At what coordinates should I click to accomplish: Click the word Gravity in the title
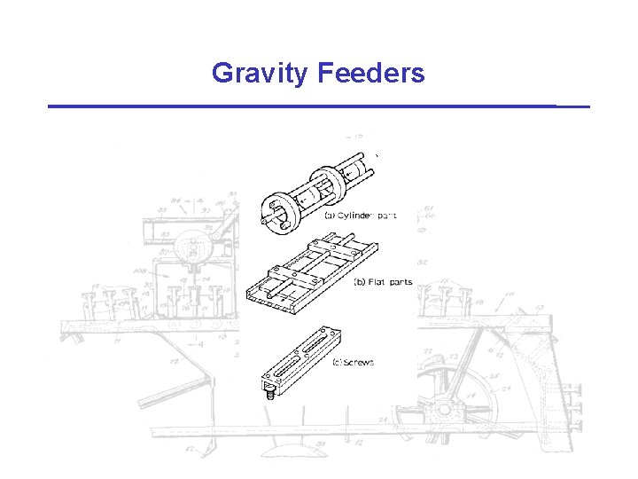point(258,73)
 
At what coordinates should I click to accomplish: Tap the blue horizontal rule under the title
point(318,106)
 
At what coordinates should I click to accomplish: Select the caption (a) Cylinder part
point(347,216)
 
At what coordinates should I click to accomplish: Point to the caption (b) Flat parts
point(383,283)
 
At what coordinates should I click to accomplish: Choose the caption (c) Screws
point(353,362)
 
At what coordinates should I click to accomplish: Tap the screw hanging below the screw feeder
point(268,391)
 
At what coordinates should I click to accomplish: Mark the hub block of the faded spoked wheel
point(440,411)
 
